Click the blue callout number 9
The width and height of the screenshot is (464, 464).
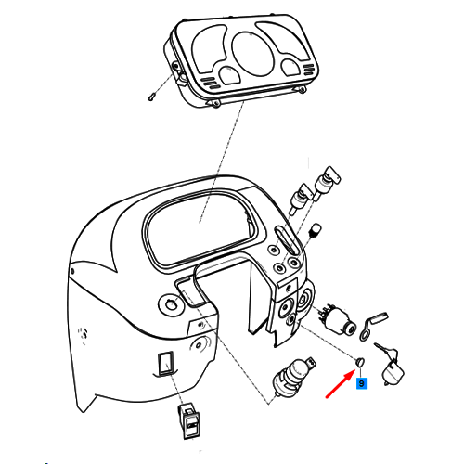(x=362, y=383)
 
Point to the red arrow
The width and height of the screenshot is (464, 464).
(x=341, y=383)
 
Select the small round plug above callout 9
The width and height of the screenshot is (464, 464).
(x=361, y=362)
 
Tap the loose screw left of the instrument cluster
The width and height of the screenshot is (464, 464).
(x=151, y=97)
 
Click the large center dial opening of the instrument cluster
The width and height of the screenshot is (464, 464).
(x=253, y=53)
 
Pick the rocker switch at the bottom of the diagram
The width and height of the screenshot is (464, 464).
(x=187, y=421)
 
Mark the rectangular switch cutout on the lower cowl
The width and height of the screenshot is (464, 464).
(x=165, y=363)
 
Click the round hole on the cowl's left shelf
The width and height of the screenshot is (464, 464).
(x=170, y=304)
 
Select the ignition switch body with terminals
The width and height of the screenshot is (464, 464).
(x=337, y=320)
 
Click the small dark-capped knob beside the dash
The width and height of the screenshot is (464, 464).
(x=316, y=230)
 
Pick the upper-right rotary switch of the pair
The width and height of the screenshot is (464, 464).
(x=327, y=183)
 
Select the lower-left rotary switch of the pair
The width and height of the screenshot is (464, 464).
(x=301, y=198)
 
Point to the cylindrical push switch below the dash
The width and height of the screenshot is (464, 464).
(x=293, y=377)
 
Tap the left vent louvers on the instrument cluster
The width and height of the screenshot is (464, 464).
(x=209, y=83)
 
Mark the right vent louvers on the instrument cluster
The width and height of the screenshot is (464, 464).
(x=309, y=71)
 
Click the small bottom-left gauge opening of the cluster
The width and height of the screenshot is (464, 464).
(x=230, y=74)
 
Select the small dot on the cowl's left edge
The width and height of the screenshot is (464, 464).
(x=72, y=272)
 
